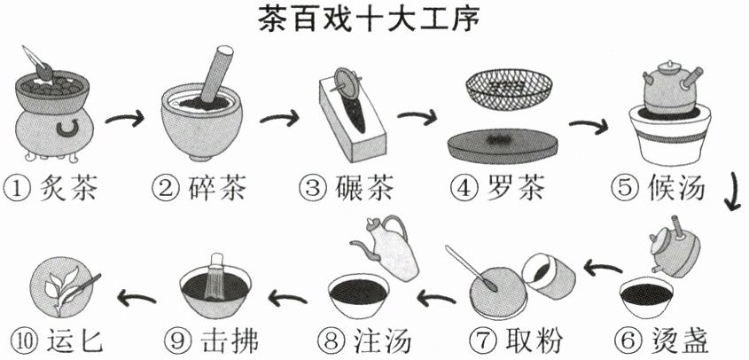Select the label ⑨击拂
(212, 340)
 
